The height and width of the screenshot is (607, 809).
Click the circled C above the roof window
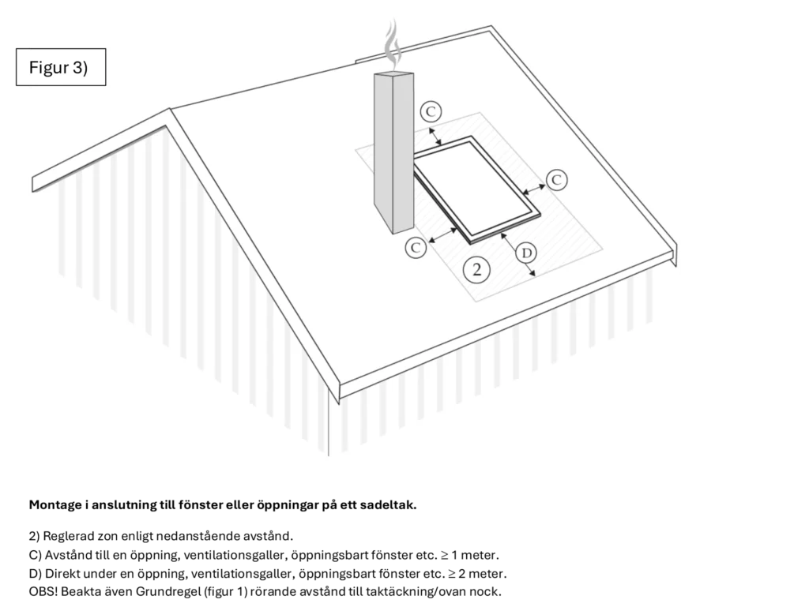click(x=431, y=112)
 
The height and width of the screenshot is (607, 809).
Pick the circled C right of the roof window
click(x=556, y=180)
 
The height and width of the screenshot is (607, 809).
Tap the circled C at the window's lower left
click(x=416, y=247)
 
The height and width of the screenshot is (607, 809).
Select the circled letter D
click(x=526, y=253)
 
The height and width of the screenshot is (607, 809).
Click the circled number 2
click(x=476, y=269)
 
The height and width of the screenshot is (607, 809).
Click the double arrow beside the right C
click(x=535, y=188)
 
